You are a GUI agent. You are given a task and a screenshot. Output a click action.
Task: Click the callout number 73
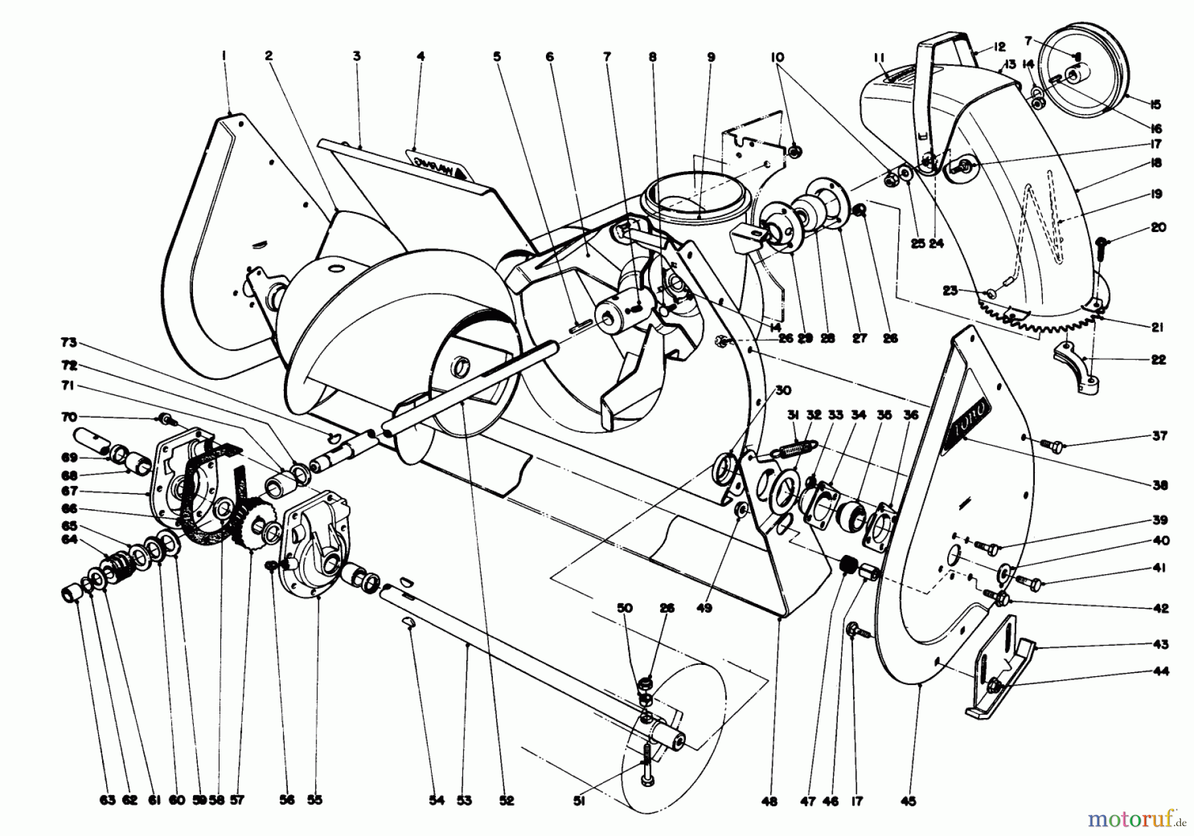click(69, 343)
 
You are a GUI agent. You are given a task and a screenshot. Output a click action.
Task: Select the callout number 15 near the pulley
click(1156, 104)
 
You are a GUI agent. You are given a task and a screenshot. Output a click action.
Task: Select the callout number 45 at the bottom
click(908, 802)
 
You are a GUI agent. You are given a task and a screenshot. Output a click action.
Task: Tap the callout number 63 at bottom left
click(108, 800)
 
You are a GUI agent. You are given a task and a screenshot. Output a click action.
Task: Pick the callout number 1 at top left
click(224, 56)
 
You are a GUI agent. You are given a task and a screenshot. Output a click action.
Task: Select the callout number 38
click(1160, 485)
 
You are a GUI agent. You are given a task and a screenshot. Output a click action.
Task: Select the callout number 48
click(769, 801)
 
